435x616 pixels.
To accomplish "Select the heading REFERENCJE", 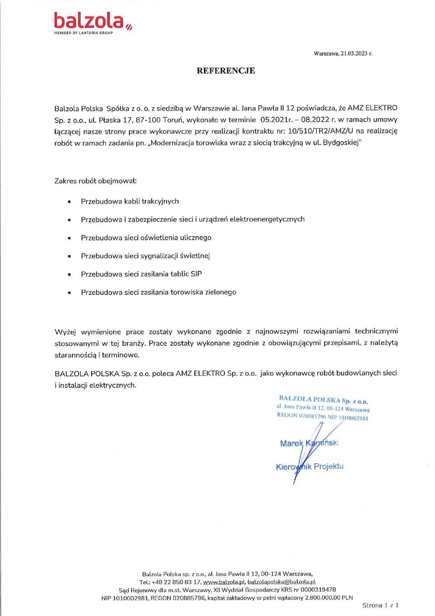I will coord(226,71).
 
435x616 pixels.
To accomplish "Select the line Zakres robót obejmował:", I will coord(95,181).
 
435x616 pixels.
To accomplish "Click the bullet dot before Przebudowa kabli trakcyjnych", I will coord(69,202).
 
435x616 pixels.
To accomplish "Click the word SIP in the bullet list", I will coord(196,274).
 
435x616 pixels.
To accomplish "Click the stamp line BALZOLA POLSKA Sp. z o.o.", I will coord(323,400).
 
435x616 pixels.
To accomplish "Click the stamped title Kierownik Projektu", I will coord(310,467).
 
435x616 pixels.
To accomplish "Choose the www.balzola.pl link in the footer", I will coord(224,582).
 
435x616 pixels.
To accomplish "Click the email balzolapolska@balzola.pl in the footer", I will coord(281,582).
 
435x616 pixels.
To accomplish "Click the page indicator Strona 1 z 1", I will coord(380,605).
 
